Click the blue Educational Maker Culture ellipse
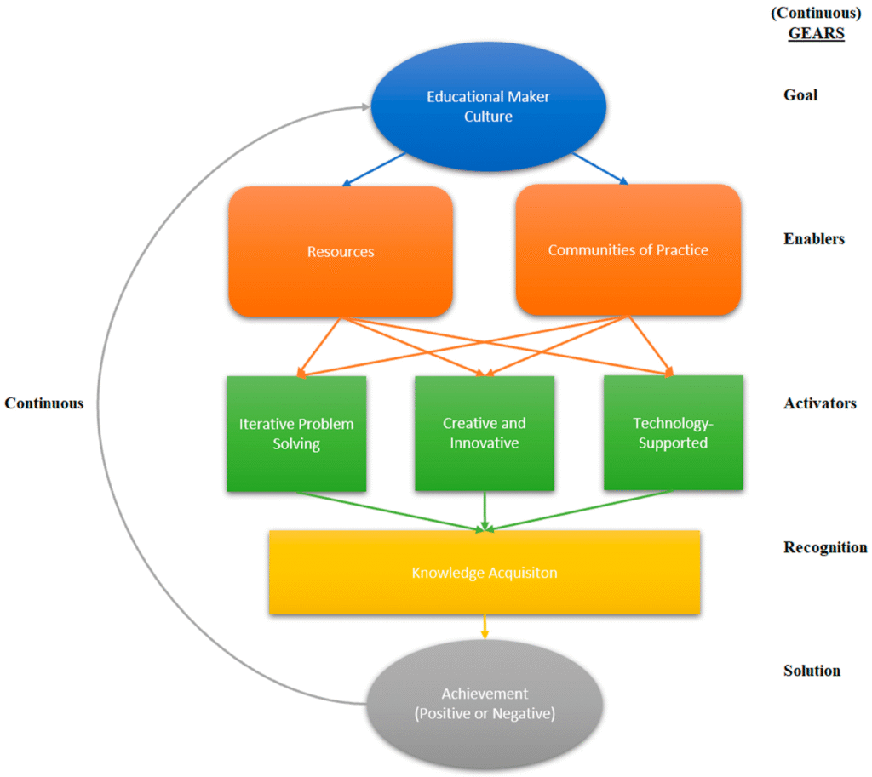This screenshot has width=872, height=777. point(488,106)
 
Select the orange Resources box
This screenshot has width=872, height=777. point(341,252)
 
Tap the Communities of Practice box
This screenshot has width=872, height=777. point(628,250)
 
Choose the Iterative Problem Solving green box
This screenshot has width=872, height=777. point(296,433)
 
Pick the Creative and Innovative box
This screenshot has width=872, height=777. point(485,433)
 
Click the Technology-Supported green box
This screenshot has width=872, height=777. point(673,432)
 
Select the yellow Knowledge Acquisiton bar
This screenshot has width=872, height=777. point(485,573)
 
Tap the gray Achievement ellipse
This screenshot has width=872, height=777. point(485,704)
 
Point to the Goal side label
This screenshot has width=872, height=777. point(800,94)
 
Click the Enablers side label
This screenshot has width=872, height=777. point(814,239)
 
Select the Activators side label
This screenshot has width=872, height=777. point(819,403)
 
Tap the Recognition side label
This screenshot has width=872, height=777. point(824,547)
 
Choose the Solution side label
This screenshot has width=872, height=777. point(812,671)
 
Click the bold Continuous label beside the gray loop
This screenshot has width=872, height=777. point(44,403)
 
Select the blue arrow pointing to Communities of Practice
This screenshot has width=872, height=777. point(600,169)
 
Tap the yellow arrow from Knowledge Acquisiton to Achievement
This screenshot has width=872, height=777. point(485,627)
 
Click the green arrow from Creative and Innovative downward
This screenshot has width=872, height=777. point(485,511)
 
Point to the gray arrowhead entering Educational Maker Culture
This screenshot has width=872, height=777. point(364,107)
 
